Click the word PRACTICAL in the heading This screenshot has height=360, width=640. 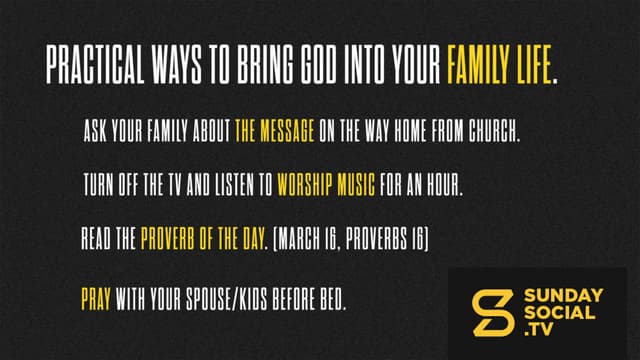coord(95,64)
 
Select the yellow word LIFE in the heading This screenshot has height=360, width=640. coord(534,64)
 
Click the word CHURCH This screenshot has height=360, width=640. coord(493,131)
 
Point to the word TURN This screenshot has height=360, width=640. coord(98,184)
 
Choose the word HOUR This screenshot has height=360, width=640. coord(444,184)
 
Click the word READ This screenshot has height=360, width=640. coord(96,238)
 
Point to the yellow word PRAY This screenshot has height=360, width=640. coord(96,299)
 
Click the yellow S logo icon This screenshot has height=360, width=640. coord(493,313)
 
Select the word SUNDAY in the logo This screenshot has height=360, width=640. coord(563,296)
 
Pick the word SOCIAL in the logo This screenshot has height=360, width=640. coord(559,313)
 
